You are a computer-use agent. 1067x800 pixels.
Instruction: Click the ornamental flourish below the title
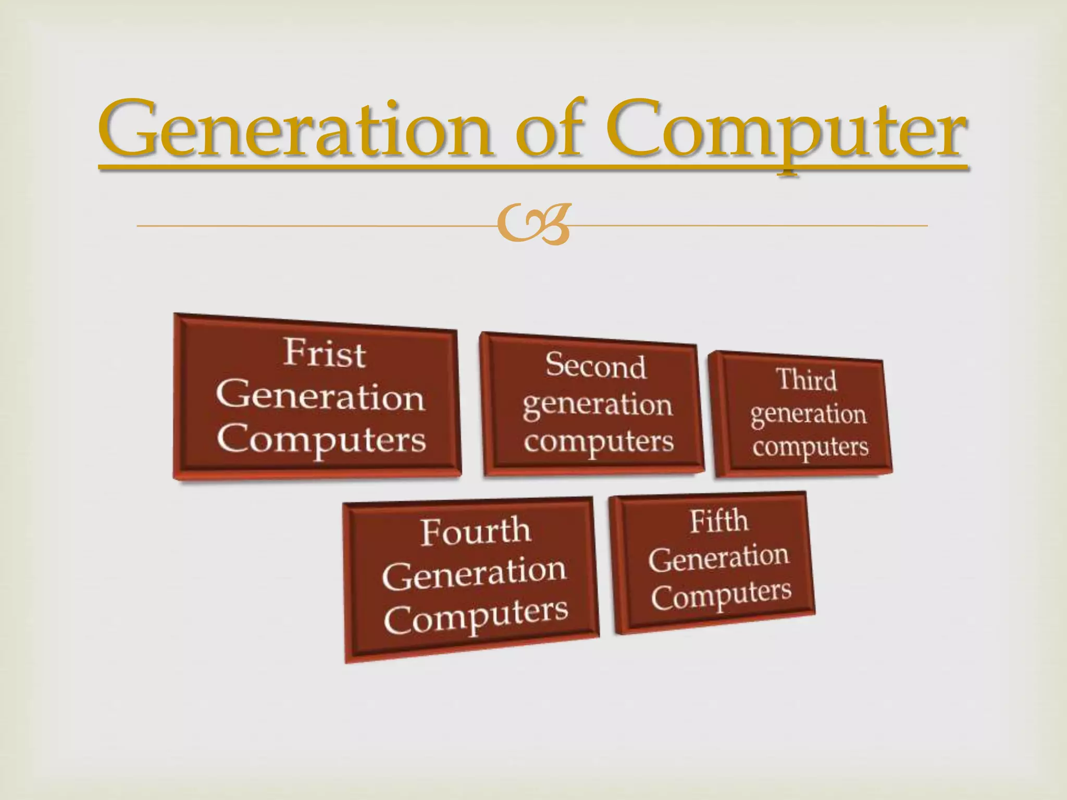point(532,225)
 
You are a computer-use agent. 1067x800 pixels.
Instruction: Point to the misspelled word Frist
point(325,354)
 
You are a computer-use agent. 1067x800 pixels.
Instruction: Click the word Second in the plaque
point(596,366)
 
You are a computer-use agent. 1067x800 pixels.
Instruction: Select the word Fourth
point(475,532)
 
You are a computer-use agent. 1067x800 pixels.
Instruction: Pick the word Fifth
point(719,521)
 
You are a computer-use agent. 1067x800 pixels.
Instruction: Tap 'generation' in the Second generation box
point(598,405)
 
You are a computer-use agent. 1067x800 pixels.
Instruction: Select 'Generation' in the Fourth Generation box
point(474,573)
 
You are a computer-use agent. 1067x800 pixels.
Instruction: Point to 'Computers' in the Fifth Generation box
point(721,595)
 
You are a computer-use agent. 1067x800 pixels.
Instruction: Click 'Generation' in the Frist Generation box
point(320,397)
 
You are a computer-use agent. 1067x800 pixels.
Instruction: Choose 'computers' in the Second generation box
point(599,442)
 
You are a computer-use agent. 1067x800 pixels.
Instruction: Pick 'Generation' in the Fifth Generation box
point(718,558)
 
